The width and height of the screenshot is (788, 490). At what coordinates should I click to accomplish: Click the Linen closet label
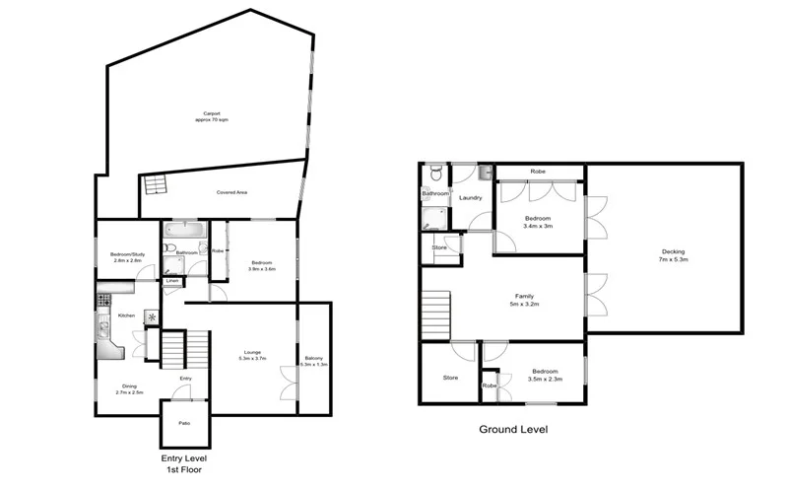[172, 281]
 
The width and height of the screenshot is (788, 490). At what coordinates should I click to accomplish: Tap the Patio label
[184, 423]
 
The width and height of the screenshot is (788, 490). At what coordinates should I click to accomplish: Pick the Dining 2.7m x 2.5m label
[130, 388]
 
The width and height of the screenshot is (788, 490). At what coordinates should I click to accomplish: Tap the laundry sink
[484, 174]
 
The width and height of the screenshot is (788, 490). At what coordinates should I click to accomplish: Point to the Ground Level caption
[513, 430]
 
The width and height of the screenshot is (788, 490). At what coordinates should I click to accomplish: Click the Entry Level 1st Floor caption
[184, 463]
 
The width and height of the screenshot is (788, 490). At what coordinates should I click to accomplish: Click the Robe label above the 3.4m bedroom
[538, 172]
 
